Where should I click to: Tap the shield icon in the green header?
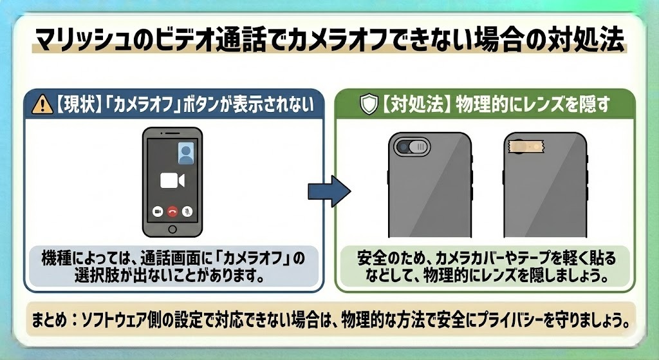click(x=369, y=105)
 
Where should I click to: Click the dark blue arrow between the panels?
click(x=328, y=191)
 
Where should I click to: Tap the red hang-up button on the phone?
click(x=172, y=211)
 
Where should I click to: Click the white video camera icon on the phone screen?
click(x=172, y=180)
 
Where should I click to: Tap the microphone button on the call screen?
click(x=187, y=211)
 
